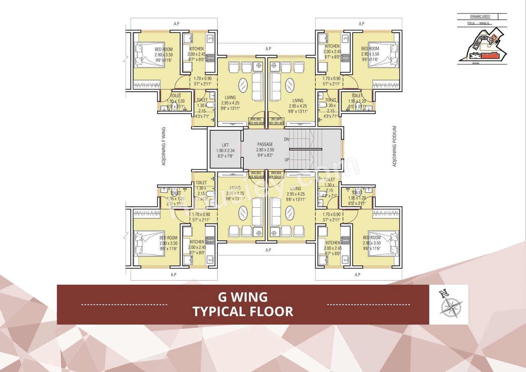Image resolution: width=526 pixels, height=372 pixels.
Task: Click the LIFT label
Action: click(225, 145)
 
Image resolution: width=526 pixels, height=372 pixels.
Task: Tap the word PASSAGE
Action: click(265, 144)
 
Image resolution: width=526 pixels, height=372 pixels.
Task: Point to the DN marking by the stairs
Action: click(286, 139)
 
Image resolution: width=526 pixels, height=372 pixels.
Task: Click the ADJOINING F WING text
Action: click(164, 146)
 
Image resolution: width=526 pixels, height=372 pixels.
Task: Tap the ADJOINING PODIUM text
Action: click(394, 146)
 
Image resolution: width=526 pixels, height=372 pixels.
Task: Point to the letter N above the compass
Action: click(443, 293)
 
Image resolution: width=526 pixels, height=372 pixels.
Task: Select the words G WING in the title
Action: click(243, 296)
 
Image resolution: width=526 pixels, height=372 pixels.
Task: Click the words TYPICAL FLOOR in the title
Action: click(243, 311)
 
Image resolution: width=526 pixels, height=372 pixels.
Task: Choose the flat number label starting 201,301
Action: click(277, 121)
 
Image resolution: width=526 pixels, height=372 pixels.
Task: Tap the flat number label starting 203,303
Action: click(257, 174)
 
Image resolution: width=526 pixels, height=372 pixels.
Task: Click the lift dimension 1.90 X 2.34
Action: click(225, 150)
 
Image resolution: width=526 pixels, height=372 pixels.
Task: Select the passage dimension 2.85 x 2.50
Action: click(265, 150)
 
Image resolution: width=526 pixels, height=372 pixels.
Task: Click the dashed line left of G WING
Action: click(124, 305)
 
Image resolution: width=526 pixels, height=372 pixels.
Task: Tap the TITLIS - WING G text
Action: click(478, 23)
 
